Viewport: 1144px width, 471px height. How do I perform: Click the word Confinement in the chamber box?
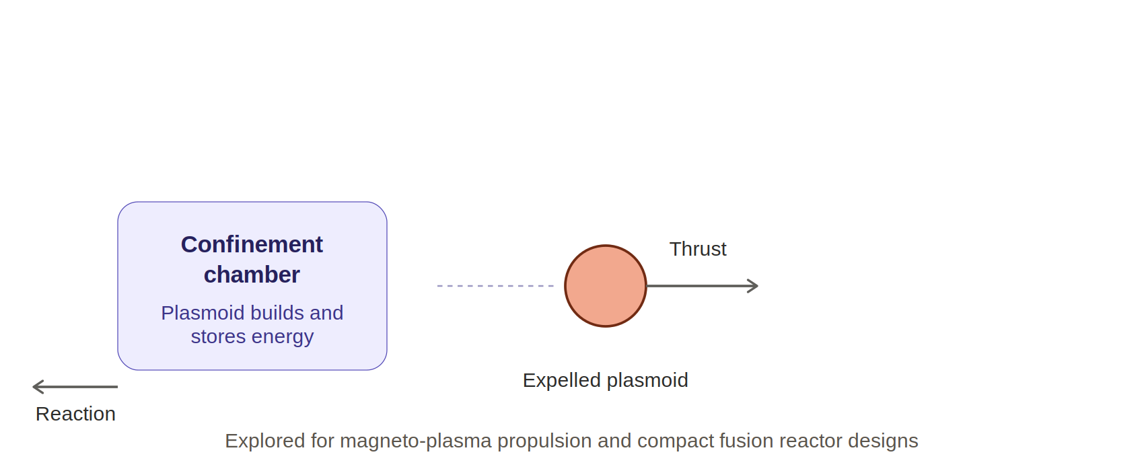click(x=252, y=245)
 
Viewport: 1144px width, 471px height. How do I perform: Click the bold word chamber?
click(x=252, y=275)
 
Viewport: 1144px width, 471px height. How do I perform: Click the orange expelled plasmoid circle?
click(x=606, y=286)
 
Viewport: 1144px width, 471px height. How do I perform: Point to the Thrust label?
click(x=698, y=249)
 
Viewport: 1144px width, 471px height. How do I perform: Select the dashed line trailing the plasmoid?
click(x=495, y=286)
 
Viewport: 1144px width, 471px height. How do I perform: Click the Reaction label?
click(x=75, y=414)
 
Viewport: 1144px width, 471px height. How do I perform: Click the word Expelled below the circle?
click(x=562, y=381)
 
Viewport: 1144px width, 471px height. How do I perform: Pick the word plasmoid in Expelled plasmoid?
click(x=647, y=381)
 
